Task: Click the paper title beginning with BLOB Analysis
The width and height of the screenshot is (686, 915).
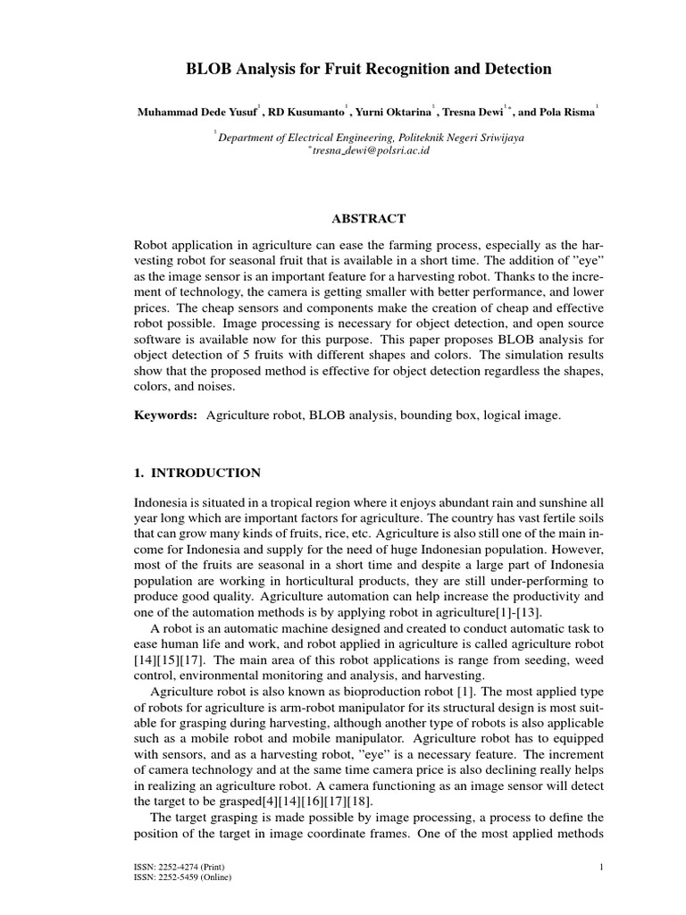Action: pyautogui.click(x=342, y=69)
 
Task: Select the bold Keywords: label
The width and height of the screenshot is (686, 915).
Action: pyautogui.click(x=164, y=416)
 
